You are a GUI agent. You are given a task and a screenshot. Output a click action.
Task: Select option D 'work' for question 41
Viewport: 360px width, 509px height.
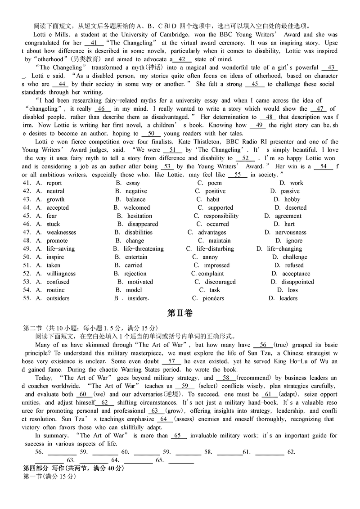(296, 183)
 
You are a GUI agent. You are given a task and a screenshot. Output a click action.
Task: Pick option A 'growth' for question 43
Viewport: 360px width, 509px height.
(55, 199)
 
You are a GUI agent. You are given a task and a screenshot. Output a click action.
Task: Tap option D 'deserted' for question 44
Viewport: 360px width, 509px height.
(296, 208)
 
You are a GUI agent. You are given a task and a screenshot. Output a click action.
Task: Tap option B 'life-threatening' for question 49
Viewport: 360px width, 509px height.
(144, 249)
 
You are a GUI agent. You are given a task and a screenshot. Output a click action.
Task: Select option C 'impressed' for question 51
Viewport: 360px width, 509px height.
(216, 266)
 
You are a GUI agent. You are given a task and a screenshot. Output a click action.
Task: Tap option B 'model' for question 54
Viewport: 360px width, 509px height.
(134, 290)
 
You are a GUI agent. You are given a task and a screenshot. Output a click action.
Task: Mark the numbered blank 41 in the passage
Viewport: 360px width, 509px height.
(94, 43)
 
